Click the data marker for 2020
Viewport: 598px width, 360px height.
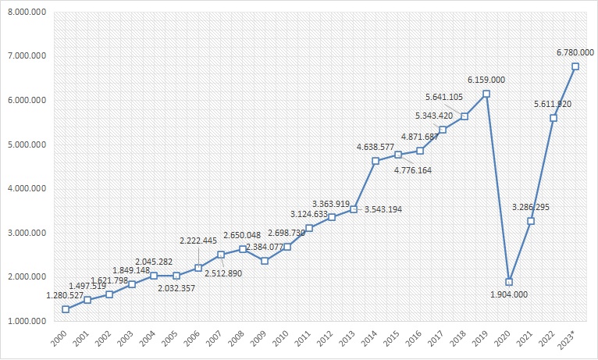pos(508,282)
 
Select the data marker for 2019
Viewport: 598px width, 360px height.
pos(486,94)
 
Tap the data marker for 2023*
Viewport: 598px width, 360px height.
pos(575,66)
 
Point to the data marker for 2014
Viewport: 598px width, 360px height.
pos(376,161)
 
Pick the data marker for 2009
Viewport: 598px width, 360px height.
pos(265,261)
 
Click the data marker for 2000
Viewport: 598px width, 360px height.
pos(66,309)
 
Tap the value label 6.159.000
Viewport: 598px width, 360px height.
pos(486,80)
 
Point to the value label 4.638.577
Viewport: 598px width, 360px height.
pos(376,147)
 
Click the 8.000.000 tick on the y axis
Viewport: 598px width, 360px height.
pos(26,12)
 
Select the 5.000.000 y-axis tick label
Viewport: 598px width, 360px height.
pos(26,144)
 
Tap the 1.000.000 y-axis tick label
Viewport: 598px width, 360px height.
pos(26,321)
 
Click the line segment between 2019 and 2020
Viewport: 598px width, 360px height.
pos(497,188)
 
